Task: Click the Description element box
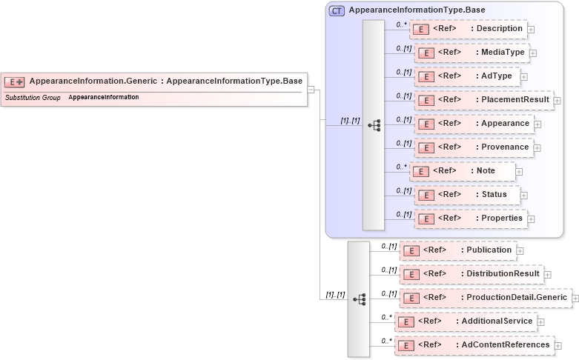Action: pyautogui.click(x=468, y=29)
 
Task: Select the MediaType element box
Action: pyautogui.click(x=471, y=53)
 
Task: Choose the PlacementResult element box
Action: pyautogui.click(x=483, y=100)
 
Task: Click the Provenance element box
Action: pyautogui.click(x=473, y=147)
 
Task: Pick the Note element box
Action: pyautogui.click(x=463, y=171)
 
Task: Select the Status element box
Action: pyautogui.click(x=466, y=195)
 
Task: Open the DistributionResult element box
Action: pyautogui.click(x=471, y=274)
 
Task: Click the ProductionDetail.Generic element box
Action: pyautogui.click(x=485, y=298)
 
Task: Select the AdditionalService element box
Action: pyautogui.click(x=465, y=321)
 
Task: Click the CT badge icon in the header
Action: pyautogui.click(x=337, y=10)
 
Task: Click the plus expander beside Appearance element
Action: pyautogui.click(x=537, y=124)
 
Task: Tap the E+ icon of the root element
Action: pyautogui.click(x=15, y=81)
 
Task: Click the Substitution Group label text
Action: pyautogui.click(x=33, y=98)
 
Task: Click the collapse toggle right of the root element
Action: pyautogui.click(x=311, y=90)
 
